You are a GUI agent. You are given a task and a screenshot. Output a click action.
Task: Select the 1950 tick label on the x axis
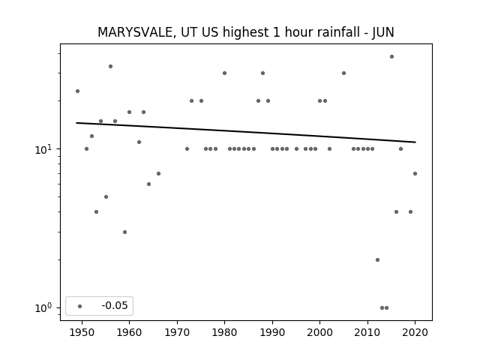pyautogui.click(x=82, y=332)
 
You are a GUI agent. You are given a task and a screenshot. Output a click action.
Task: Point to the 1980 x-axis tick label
pyautogui.click(x=224, y=332)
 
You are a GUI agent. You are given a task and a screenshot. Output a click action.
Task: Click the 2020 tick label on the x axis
pyautogui.click(x=415, y=332)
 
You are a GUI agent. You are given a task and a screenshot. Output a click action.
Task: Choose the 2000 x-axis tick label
pyautogui.click(x=319, y=332)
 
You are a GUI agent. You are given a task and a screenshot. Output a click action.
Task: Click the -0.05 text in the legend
pyautogui.click(x=115, y=305)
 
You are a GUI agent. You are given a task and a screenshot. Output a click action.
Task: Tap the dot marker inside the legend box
pyautogui.click(x=80, y=306)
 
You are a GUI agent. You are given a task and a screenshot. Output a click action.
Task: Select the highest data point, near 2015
pyautogui.click(x=391, y=57)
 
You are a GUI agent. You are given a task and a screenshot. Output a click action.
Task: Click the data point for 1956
pyautogui.click(x=110, y=67)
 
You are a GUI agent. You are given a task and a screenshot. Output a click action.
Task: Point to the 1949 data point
pyautogui.click(x=77, y=91)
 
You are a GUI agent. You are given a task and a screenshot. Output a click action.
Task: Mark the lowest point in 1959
pyautogui.click(x=125, y=232)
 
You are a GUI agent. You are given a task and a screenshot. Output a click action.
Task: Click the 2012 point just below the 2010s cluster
pyautogui.click(x=377, y=260)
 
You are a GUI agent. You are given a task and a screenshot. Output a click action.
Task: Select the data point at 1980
pyautogui.click(x=224, y=73)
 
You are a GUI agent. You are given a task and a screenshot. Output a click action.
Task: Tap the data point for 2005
pyautogui.click(x=343, y=73)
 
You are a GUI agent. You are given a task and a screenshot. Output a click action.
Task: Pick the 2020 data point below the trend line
pyautogui.click(x=415, y=173)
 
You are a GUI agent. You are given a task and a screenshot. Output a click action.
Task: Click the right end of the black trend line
pyautogui.click(x=415, y=142)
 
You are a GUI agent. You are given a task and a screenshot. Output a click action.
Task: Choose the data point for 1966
pyautogui.click(x=158, y=173)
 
